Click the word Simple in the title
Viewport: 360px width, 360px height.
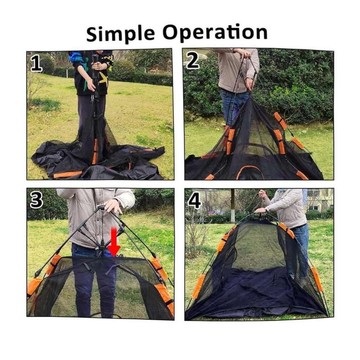click(x=121, y=33)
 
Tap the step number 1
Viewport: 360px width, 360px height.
click(x=36, y=64)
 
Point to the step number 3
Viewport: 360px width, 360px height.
click(x=36, y=200)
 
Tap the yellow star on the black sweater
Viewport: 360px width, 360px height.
click(x=104, y=78)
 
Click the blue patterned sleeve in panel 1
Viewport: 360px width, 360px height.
click(x=77, y=57)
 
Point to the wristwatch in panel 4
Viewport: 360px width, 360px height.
click(x=267, y=209)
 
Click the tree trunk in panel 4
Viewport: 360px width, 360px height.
click(x=233, y=206)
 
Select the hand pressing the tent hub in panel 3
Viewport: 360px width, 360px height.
click(x=113, y=206)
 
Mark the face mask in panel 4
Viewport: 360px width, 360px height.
click(x=282, y=190)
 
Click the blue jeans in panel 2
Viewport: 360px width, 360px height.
click(x=234, y=105)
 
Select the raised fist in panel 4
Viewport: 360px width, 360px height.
click(x=262, y=194)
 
